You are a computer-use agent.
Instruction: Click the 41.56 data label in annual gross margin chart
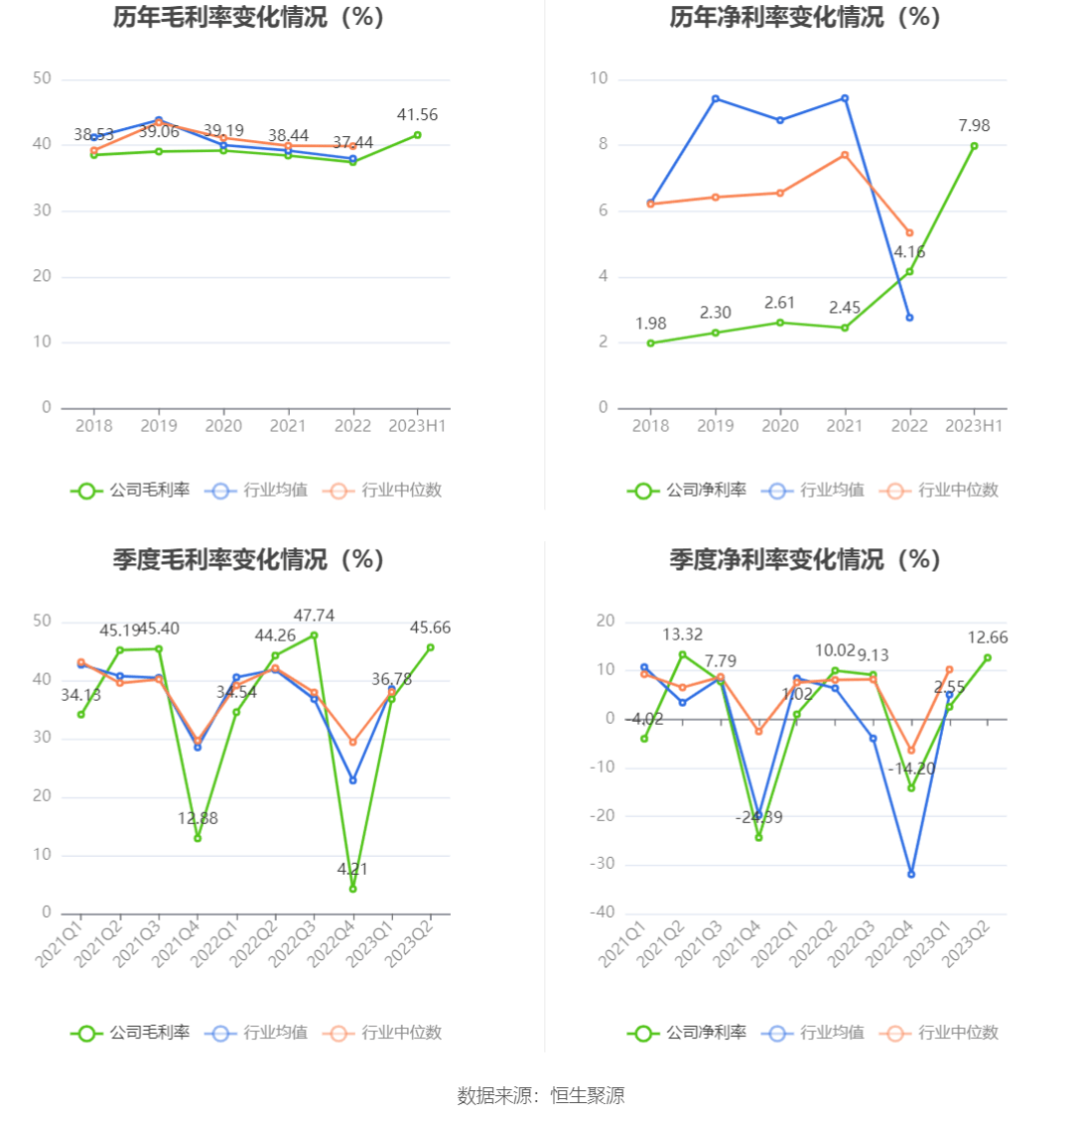click(x=417, y=115)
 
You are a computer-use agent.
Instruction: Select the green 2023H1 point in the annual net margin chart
click(x=974, y=146)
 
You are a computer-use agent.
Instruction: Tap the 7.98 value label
click(x=974, y=126)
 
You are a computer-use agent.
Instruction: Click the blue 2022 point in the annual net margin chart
click(x=909, y=318)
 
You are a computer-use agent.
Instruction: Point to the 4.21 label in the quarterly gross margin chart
click(x=352, y=870)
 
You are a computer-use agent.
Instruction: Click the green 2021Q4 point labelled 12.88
click(x=198, y=838)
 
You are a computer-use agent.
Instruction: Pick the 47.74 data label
click(x=314, y=616)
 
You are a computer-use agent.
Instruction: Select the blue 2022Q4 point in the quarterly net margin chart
click(x=910, y=874)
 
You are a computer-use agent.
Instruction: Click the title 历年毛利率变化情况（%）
click(x=248, y=18)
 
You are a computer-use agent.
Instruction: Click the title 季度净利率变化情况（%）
click(x=804, y=560)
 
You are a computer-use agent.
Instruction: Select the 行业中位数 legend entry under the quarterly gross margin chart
click(x=387, y=1033)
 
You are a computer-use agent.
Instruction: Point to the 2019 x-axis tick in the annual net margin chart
click(x=715, y=426)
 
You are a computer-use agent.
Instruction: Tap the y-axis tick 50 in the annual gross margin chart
click(x=42, y=78)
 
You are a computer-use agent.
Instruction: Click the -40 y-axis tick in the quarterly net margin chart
click(x=603, y=913)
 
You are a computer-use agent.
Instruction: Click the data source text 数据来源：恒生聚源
click(x=541, y=1095)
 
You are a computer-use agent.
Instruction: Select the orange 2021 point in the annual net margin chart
click(x=845, y=155)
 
